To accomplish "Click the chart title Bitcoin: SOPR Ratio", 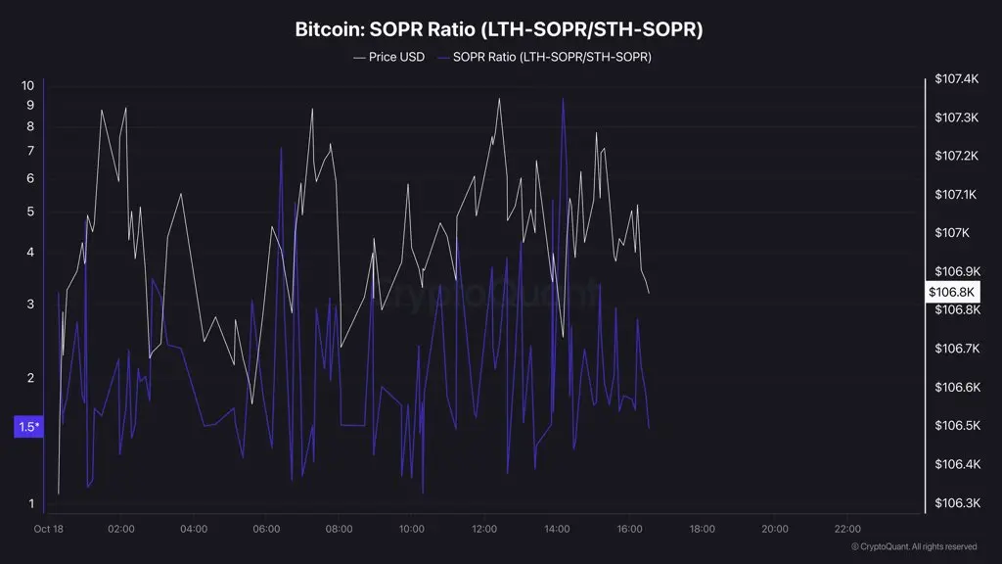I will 499,29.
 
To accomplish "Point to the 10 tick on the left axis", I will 27,85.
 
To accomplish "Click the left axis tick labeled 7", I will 30,151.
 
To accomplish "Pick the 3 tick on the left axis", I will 30,305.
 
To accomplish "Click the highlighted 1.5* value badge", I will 28,427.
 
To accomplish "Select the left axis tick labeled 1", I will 30,504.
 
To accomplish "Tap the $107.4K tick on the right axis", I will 957,78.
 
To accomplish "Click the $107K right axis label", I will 952,233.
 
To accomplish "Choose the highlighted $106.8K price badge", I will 952,292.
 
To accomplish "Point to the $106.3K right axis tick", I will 957,503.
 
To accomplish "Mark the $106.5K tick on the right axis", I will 957,426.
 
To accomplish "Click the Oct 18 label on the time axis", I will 48,530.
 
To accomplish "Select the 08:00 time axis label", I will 339,530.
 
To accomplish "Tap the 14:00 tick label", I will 557,530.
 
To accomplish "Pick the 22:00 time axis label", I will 847,530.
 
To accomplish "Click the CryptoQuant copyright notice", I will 914,546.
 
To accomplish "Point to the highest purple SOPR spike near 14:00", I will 563,98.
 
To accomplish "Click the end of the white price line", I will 649,292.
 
